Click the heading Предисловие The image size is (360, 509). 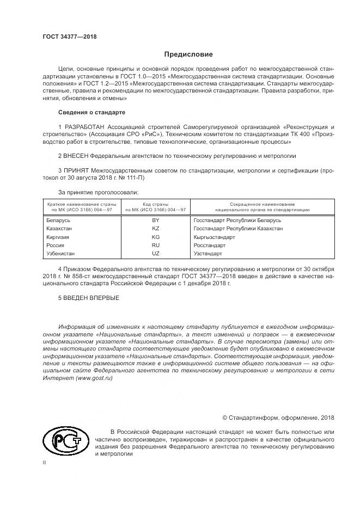(188, 54)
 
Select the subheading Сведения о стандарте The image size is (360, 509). (91, 112)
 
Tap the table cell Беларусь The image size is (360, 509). (59, 220)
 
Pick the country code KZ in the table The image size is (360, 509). (156, 229)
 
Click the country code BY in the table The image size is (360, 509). (156, 220)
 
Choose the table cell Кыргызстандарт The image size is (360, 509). (214, 237)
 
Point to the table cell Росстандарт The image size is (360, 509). (210, 246)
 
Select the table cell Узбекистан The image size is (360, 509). (61, 254)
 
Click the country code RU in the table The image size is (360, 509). (156, 246)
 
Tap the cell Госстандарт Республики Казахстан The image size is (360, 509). (238, 229)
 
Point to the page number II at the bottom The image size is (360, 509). (45, 462)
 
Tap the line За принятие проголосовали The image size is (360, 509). (98, 192)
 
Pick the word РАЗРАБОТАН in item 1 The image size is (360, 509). (83, 126)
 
